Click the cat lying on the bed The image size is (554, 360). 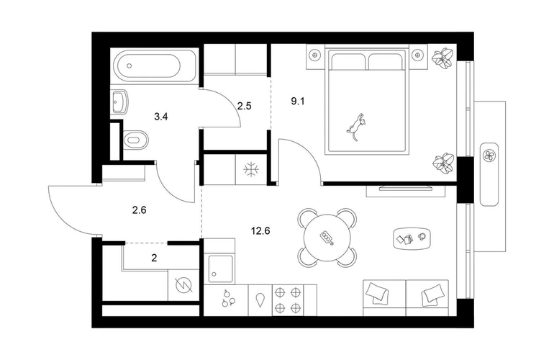(x=356, y=127)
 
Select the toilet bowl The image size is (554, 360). (x=136, y=140)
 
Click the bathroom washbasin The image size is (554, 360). (x=119, y=102)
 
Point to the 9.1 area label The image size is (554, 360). (x=297, y=102)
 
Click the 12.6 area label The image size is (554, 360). (x=260, y=231)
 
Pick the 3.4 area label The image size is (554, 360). (x=161, y=117)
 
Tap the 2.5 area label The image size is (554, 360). (x=244, y=106)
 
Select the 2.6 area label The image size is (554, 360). (x=139, y=210)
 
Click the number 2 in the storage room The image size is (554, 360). (x=154, y=258)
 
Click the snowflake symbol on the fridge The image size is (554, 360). (x=251, y=169)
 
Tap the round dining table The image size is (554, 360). (x=327, y=238)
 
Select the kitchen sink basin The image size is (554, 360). (x=220, y=269)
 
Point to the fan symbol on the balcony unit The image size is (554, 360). (x=490, y=155)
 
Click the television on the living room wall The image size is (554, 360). (x=406, y=188)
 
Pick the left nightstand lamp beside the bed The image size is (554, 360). (x=314, y=55)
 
